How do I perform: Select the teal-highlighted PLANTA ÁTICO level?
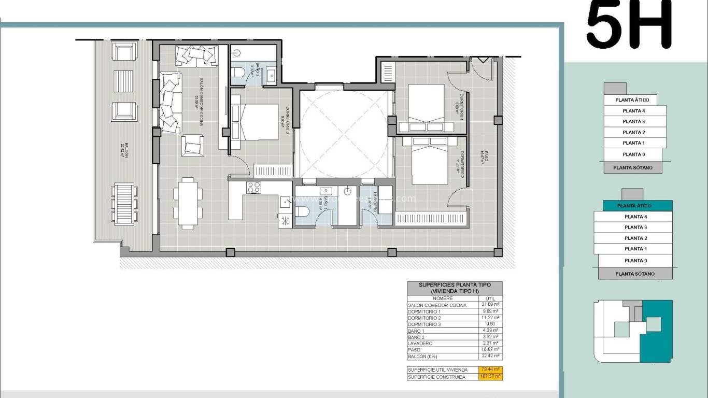point(634,206)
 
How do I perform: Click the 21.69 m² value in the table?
point(489,305)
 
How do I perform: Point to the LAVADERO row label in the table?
point(420,344)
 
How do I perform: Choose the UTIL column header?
point(489,298)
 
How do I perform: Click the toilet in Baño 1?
point(303,211)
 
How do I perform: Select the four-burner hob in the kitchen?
point(253,188)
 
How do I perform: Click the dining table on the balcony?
point(125,202)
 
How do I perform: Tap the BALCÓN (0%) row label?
point(423,356)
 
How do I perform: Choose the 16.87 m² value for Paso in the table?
point(489,350)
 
